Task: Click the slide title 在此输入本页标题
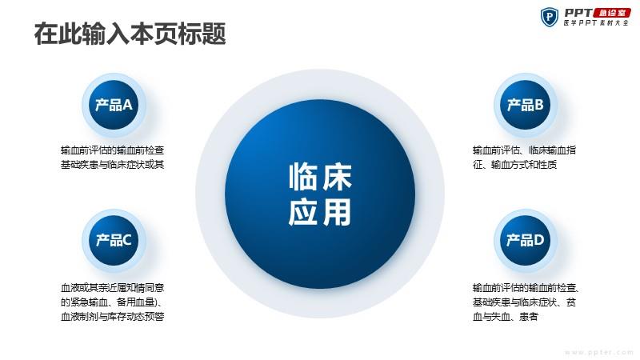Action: [x=130, y=34]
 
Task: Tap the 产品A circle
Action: [x=114, y=105]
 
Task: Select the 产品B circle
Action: [x=526, y=105]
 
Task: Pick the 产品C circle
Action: [x=114, y=241]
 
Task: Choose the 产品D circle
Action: [x=526, y=241]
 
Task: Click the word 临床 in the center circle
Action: [x=320, y=177]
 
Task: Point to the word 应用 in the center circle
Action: [x=320, y=212]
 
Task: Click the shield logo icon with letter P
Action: [x=550, y=17]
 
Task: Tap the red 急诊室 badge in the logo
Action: [x=611, y=13]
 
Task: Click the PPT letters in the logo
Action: [x=578, y=13]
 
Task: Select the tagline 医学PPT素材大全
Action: [x=596, y=23]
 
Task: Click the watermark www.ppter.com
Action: [x=598, y=352]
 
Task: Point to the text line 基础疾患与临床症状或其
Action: [x=112, y=165]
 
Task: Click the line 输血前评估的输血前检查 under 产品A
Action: [x=112, y=150]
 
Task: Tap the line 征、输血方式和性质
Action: [x=514, y=165]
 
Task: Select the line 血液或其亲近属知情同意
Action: [x=112, y=288]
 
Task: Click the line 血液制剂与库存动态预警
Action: [x=112, y=316]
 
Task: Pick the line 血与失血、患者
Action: [x=506, y=316]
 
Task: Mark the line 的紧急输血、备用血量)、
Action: [x=112, y=302]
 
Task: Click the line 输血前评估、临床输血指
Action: [x=524, y=150]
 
